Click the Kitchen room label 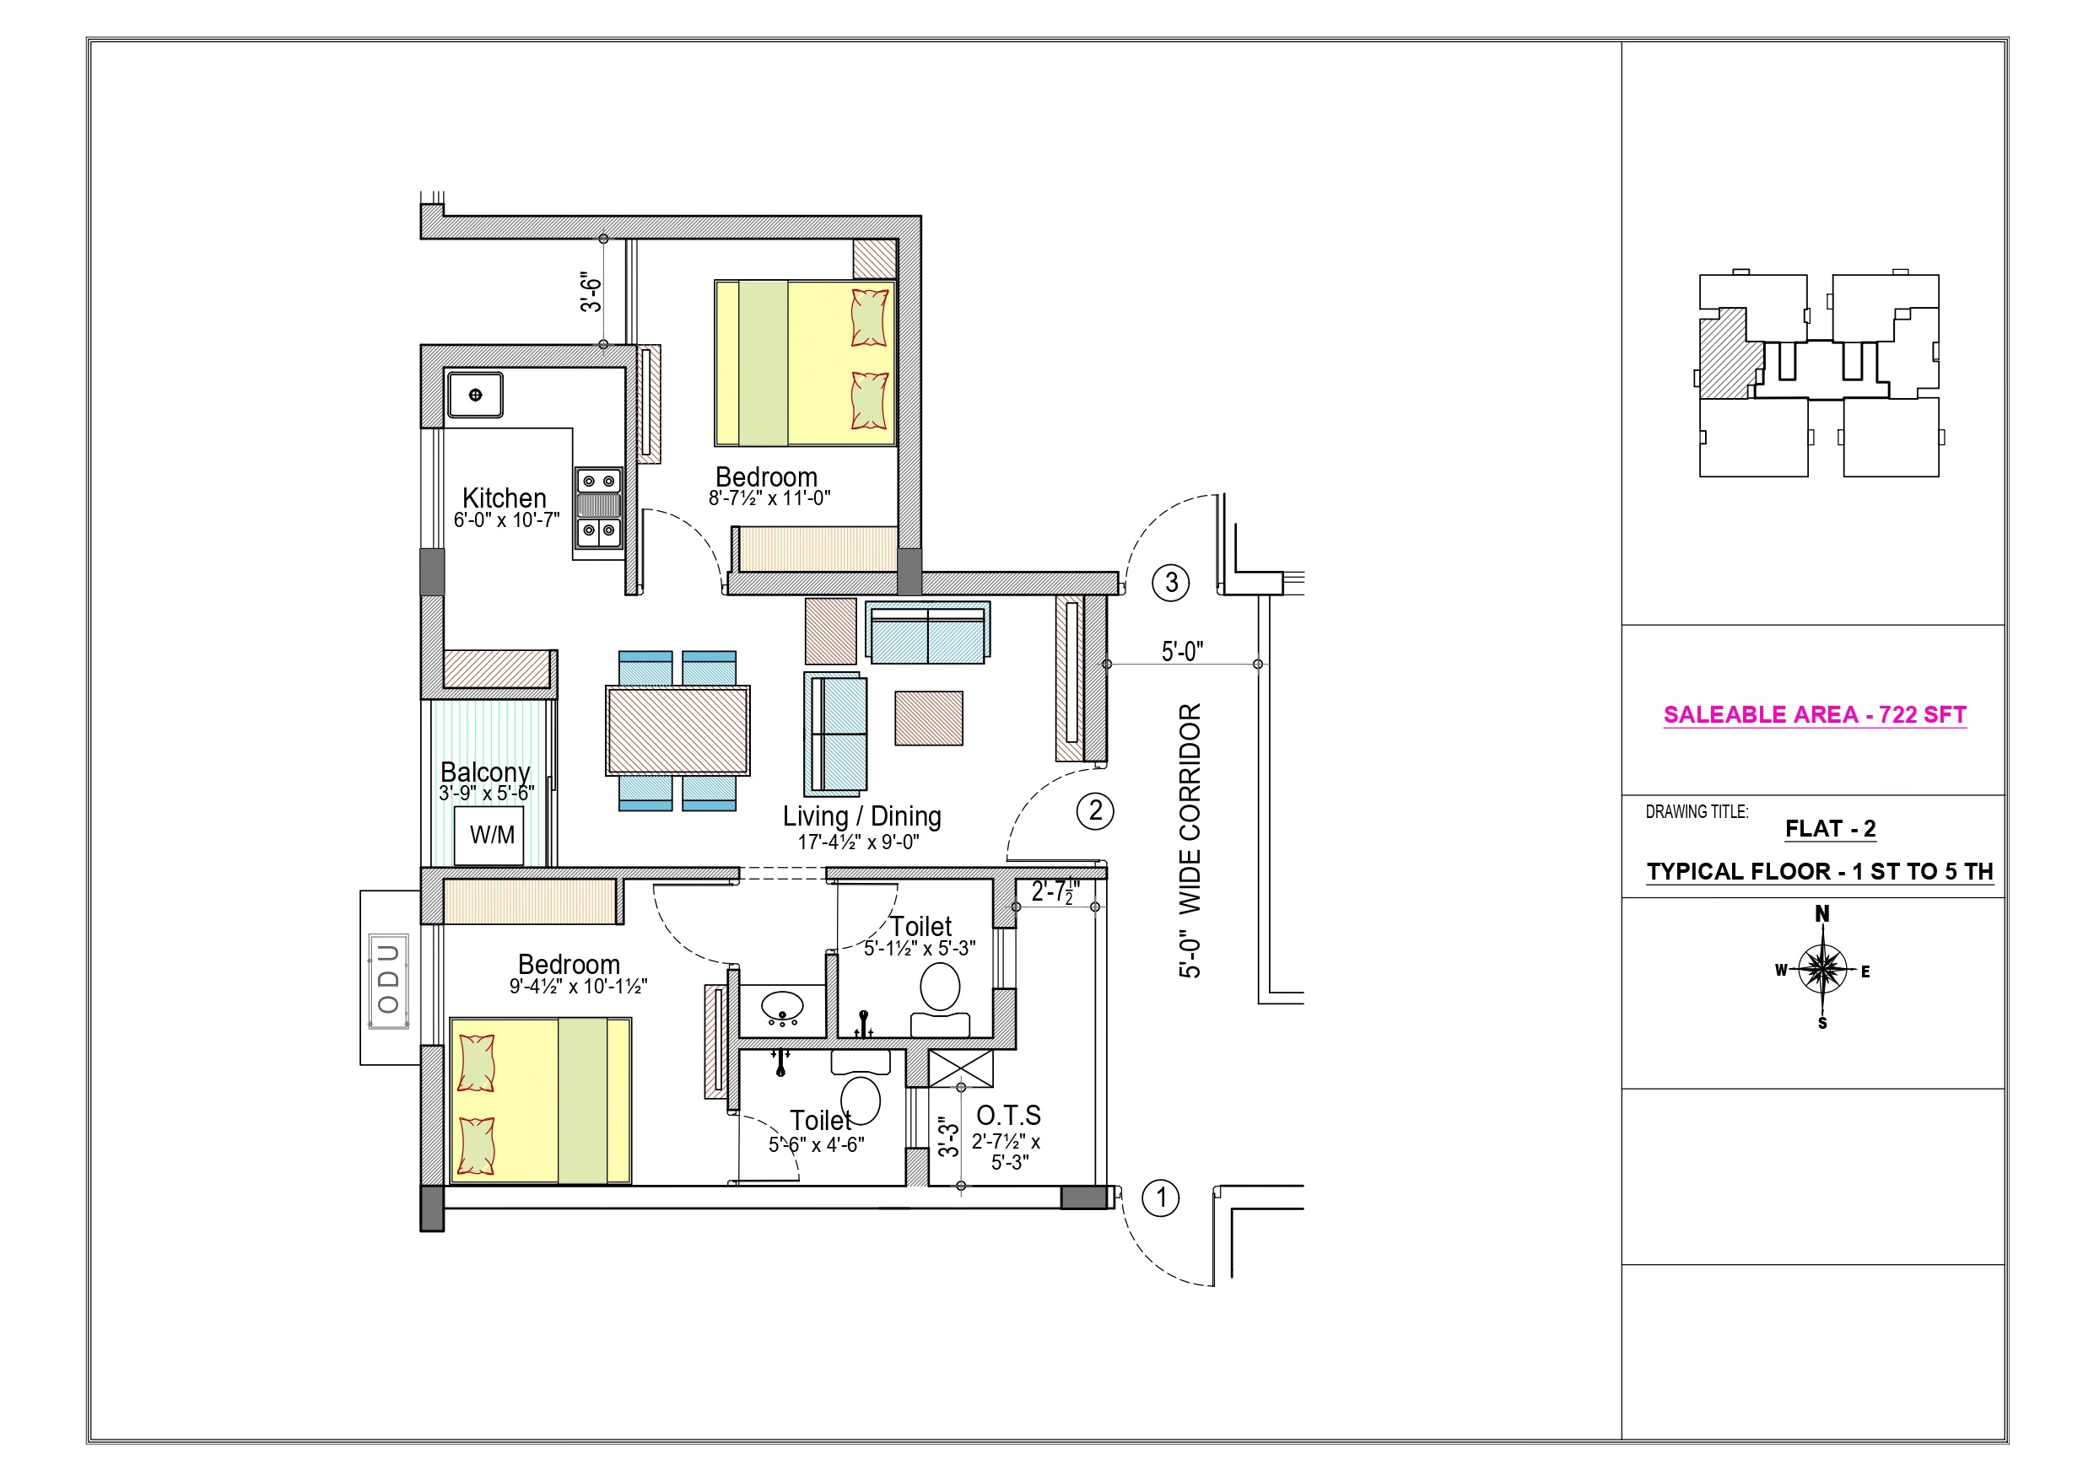[x=505, y=498]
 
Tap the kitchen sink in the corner [x=475, y=395]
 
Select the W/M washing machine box [x=491, y=834]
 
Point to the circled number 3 [x=1171, y=583]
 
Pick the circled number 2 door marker [x=1095, y=810]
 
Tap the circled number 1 [x=1161, y=1198]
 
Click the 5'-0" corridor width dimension [x=1182, y=651]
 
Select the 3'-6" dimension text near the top [x=592, y=292]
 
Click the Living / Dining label [x=862, y=816]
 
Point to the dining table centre [x=677, y=730]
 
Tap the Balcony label [x=485, y=772]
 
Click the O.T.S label [x=1009, y=1115]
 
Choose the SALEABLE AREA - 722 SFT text [x=1815, y=715]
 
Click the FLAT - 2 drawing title [x=1831, y=829]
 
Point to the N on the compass [x=1822, y=913]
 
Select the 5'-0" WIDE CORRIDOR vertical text [x=1190, y=841]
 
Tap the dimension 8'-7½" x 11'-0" [x=769, y=498]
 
